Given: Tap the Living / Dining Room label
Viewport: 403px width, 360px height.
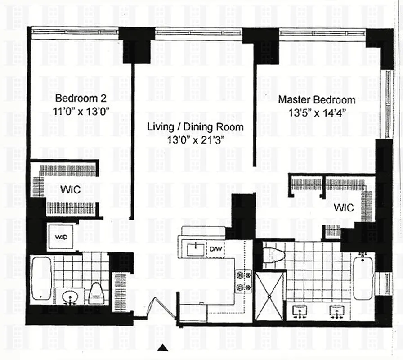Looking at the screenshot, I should [195, 127].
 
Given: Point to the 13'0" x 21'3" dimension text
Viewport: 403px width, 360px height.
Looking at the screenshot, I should [195, 140].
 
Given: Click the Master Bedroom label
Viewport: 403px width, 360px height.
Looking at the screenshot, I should [317, 100].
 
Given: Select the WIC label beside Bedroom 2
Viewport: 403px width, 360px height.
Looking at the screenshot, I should [70, 190].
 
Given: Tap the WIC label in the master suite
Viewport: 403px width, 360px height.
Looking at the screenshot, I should [344, 208].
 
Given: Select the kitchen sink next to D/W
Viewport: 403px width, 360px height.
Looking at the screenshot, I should [195, 247].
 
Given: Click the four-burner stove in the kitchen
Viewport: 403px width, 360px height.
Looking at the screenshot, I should [243, 280].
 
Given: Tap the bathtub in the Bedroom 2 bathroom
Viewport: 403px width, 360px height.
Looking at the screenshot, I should [41, 278].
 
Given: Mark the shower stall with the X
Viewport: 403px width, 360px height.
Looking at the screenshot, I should [270, 295].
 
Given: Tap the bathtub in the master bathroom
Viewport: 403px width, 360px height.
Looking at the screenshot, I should [363, 278].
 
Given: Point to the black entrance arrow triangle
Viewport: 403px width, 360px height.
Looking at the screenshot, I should [164, 347].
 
